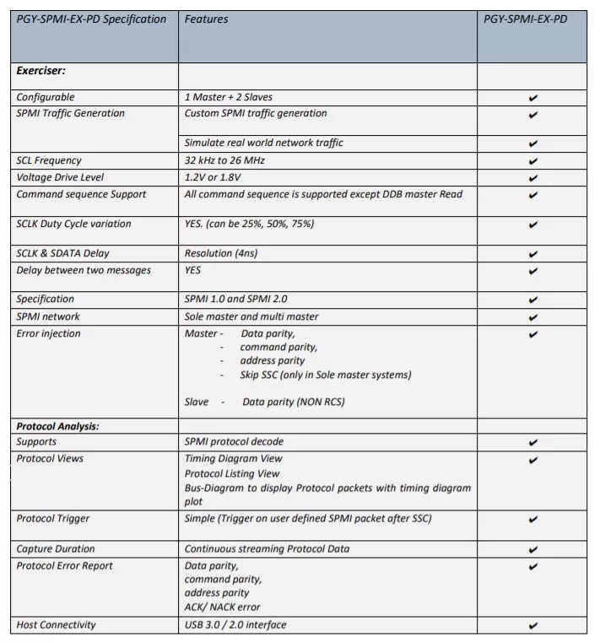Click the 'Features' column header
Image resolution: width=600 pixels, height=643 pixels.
[x=207, y=19]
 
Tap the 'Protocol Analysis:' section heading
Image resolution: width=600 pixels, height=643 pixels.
[x=58, y=426]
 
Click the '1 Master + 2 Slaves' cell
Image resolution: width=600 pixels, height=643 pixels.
[x=227, y=97]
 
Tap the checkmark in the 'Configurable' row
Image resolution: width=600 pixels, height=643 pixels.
[x=532, y=98]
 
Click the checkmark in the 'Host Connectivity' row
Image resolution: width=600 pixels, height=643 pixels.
[x=532, y=626]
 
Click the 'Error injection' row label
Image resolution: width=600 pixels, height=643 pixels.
[x=49, y=333]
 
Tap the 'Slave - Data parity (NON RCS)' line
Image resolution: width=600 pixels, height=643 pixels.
[x=264, y=403]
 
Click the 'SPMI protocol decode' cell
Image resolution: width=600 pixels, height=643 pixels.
[x=234, y=442]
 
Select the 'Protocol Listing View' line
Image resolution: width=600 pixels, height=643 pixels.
[x=232, y=473]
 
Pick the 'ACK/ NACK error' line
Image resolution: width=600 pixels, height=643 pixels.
[x=223, y=607]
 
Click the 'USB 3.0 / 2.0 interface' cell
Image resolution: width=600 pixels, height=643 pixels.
[x=235, y=625]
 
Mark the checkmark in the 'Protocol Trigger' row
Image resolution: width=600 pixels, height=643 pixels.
[x=532, y=519]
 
